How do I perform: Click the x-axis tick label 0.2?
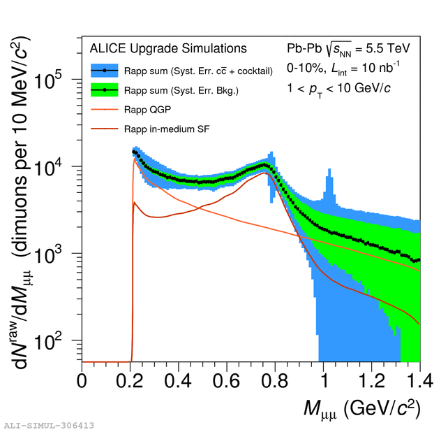[130, 382]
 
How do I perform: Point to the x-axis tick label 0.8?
[275, 382]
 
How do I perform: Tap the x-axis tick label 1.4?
[419, 382]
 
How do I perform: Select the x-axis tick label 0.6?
[227, 382]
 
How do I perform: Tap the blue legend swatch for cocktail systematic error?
[105, 71]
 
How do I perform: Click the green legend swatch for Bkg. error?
[105, 90]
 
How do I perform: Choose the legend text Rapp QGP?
[149, 109]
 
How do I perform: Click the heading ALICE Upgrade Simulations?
[168, 49]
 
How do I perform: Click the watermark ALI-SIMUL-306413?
[50, 425]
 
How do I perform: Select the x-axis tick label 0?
[82, 382]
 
